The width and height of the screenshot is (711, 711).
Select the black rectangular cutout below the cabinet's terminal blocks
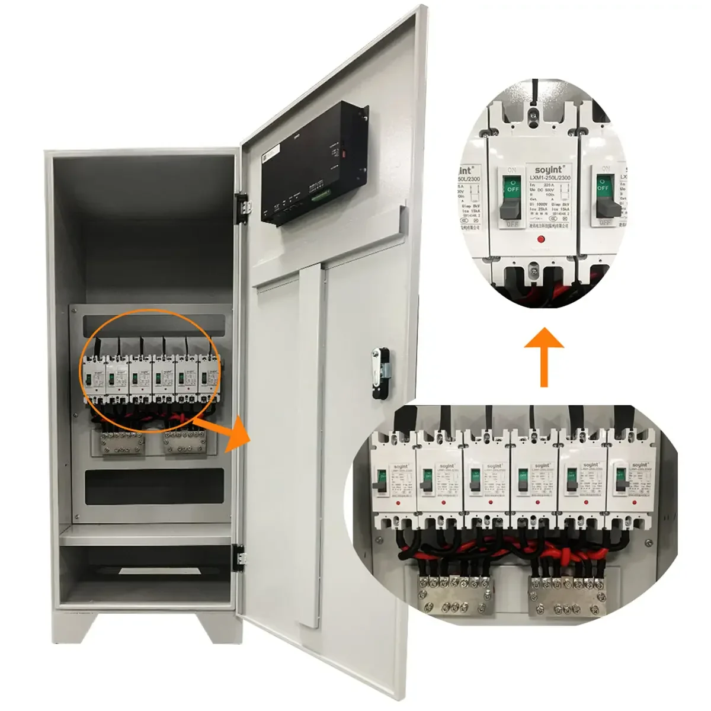pos(154,486)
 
